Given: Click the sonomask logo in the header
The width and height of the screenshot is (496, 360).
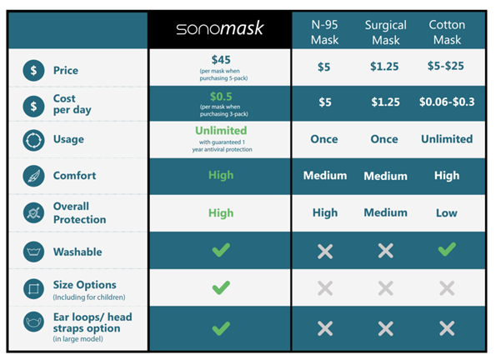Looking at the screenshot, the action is (220, 28).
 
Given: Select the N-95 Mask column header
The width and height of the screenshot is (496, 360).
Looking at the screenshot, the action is (324, 32).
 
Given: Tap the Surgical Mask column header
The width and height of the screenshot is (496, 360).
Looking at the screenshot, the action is (386, 32).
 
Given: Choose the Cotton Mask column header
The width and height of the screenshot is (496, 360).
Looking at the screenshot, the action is (447, 32).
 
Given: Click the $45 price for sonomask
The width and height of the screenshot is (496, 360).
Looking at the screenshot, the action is (221, 60).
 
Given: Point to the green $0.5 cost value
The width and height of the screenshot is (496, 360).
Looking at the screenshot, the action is (221, 97).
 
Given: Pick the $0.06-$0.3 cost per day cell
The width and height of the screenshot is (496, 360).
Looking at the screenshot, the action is (447, 102).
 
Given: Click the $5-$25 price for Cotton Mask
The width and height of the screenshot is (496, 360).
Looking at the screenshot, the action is (446, 66).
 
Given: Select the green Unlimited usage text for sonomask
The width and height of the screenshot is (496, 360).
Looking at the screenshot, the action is (221, 130).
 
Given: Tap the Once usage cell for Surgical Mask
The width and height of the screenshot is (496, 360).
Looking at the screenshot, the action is (384, 139).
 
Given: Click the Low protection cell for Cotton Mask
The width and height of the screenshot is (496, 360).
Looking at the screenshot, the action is (447, 212).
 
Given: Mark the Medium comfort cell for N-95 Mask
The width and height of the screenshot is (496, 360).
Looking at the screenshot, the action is (325, 175).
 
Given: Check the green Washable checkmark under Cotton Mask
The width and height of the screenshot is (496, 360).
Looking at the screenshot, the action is (447, 249).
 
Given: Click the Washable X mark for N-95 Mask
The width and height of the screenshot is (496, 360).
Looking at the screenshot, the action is (325, 251).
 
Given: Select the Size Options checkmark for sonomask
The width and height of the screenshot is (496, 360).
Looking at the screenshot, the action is (221, 287).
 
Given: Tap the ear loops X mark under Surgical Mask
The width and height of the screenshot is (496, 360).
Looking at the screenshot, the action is (386, 328).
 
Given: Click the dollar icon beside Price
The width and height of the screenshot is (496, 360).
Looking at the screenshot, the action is (33, 70).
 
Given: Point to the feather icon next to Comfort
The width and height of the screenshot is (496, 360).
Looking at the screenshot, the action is (33, 176).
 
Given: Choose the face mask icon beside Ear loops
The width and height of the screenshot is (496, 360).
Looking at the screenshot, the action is (33, 322).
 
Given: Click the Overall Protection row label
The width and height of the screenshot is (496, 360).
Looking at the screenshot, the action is (80, 212).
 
